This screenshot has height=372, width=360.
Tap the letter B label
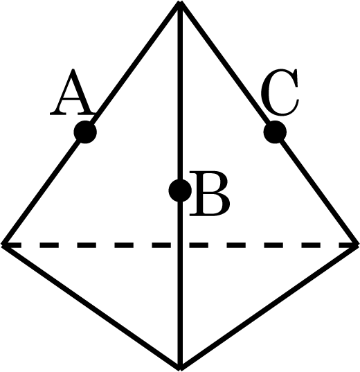[210, 193]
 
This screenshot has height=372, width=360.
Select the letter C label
[280, 93]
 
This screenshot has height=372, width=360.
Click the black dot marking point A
[85, 132]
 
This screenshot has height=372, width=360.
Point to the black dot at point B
[180, 191]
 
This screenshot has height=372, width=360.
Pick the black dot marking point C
[275, 132]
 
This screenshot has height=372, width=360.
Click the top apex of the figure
[180, 2]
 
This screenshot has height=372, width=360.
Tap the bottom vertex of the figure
[180, 369]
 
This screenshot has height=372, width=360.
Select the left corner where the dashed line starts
[2, 245]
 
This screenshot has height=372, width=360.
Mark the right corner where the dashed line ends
[358, 245]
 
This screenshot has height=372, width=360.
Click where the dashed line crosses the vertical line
[180, 245]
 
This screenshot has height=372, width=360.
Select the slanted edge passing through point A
[91, 123]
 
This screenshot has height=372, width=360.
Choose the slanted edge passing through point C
[269, 123]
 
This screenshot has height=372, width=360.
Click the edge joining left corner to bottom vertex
[91, 307]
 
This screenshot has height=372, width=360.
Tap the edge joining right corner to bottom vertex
[269, 307]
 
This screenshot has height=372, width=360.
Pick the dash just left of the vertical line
[161, 245]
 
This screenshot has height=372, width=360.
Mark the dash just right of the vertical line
[199, 245]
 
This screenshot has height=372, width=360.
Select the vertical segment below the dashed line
[180, 307]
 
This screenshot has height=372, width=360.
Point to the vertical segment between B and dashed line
[180, 222]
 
